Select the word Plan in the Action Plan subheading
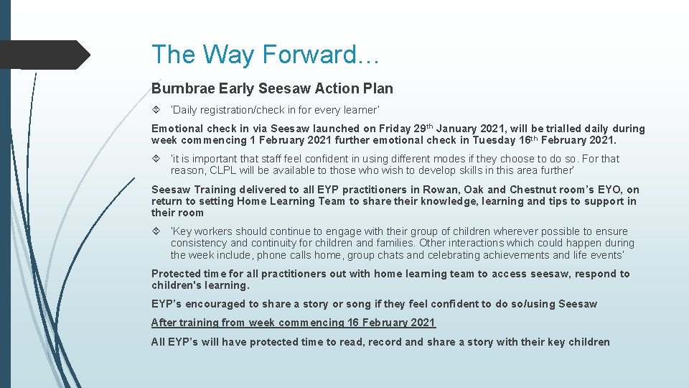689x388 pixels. (378, 89)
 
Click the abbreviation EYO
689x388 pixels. (606, 190)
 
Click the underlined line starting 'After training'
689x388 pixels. (293, 323)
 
